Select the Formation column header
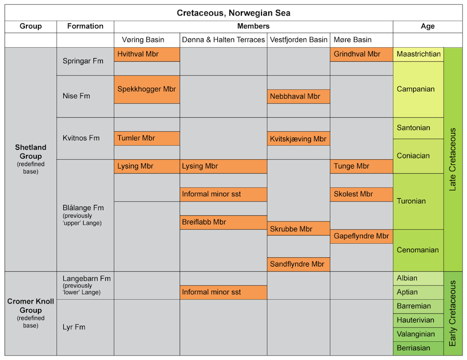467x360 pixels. coord(85,26)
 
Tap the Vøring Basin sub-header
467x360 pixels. coord(139,40)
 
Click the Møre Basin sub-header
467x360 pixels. coord(352,40)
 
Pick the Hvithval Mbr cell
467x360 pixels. coord(147,54)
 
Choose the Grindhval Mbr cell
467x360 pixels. coord(361,54)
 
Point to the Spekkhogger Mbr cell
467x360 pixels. coord(147,89)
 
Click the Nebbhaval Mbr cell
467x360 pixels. coord(298,96)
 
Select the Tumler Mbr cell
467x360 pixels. coord(147,139)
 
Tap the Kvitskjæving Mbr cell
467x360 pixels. coord(298,139)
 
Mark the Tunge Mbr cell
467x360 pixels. coord(361,167)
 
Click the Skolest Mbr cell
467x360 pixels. coord(361,195)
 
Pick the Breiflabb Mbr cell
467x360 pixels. coord(223,222)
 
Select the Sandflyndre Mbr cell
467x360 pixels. coord(298,264)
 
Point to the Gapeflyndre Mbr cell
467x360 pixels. coord(361,237)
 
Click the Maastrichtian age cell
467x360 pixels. coord(418,54)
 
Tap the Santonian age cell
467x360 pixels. coord(418,128)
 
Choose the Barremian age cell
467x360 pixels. coord(418,306)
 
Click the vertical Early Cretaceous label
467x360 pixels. coord(453,313)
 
